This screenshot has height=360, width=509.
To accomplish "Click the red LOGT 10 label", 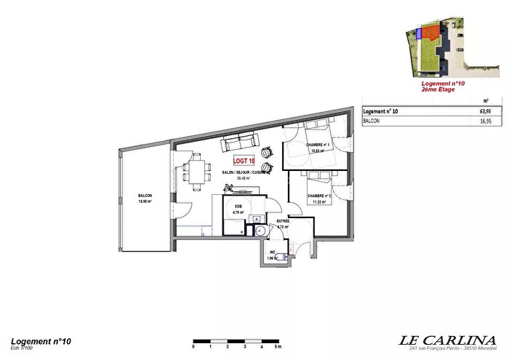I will [x=244, y=161].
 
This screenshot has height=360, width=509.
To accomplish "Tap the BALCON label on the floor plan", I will [x=146, y=197].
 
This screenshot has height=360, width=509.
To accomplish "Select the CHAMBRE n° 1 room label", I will [x=318, y=145].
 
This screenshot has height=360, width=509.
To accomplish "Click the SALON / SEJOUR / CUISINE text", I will [x=244, y=172].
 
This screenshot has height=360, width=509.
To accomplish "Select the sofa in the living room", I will [x=239, y=141].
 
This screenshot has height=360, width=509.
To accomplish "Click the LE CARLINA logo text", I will [x=449, y=340].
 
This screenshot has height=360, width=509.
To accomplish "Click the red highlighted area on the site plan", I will [x=432, y=32].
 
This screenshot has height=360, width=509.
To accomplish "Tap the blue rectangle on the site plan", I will [x=420, y=33].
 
